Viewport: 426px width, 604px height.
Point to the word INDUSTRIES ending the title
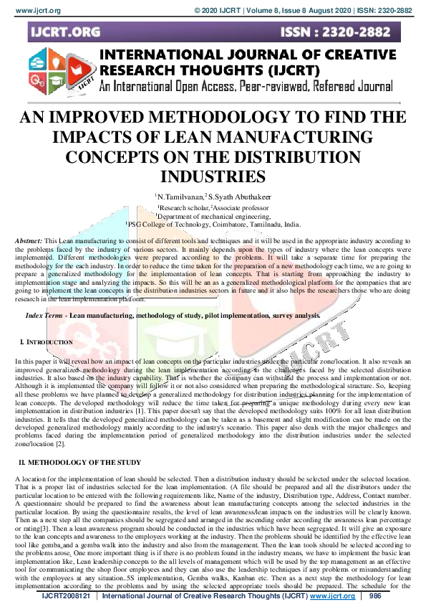click(213, 175)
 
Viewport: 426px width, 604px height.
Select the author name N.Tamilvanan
click(178, 196)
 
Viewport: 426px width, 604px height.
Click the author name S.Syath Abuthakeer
click(238, 196)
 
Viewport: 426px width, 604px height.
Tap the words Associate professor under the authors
click(236, 206)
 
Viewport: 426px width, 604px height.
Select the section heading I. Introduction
click(47, 343)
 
